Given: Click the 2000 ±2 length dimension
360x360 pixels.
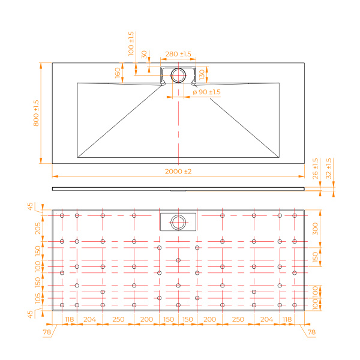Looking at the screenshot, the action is pos(178,172).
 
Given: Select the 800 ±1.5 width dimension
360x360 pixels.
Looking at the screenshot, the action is pos(36,113).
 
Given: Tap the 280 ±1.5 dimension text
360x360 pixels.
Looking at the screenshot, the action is pos(178,54).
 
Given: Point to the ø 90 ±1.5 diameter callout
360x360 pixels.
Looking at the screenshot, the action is pos(206,92).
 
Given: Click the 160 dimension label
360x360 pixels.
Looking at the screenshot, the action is pos(118,73).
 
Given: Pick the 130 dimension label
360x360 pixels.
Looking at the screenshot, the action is pos(202,74).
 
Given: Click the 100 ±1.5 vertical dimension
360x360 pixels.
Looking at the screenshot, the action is pos(131,44).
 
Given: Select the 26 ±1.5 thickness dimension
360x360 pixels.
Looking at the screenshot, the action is pos(315,169).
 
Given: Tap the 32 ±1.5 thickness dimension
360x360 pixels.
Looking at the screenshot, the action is pos(329,169).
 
